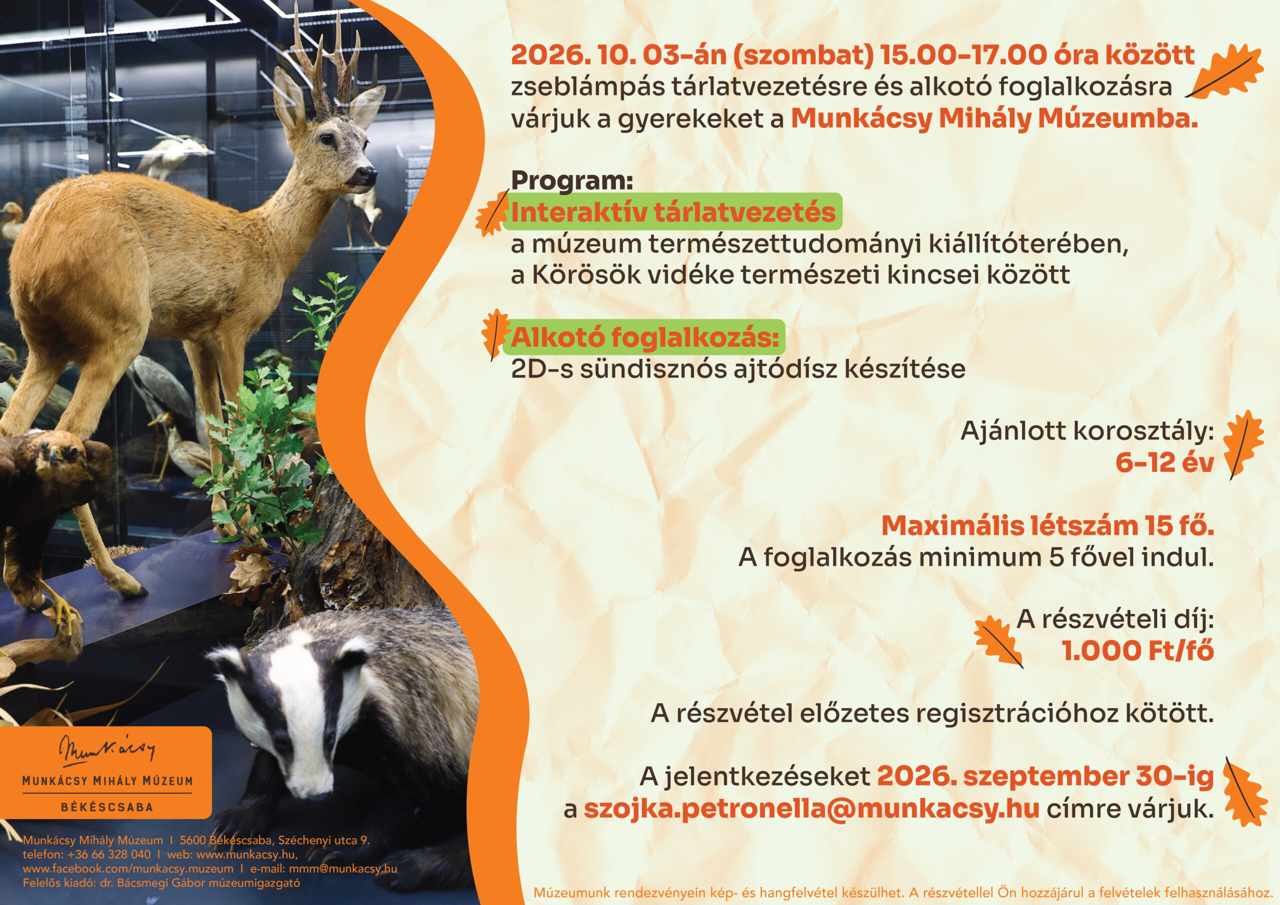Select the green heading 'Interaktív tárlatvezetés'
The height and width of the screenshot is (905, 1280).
coord(673,212)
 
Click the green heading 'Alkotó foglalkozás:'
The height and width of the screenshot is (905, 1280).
coord(644,337)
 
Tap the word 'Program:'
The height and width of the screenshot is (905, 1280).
coord(572,180)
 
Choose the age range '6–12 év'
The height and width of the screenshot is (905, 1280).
coord(1164,462)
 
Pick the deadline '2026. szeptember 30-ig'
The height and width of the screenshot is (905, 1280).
coord(1045,776)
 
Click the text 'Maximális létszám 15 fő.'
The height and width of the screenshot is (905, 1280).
coord(1047,526)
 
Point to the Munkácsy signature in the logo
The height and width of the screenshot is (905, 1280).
coord(107,750)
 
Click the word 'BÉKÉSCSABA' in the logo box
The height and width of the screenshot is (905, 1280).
coord(106,807)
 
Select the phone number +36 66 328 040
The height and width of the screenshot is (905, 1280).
coord(109,854)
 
